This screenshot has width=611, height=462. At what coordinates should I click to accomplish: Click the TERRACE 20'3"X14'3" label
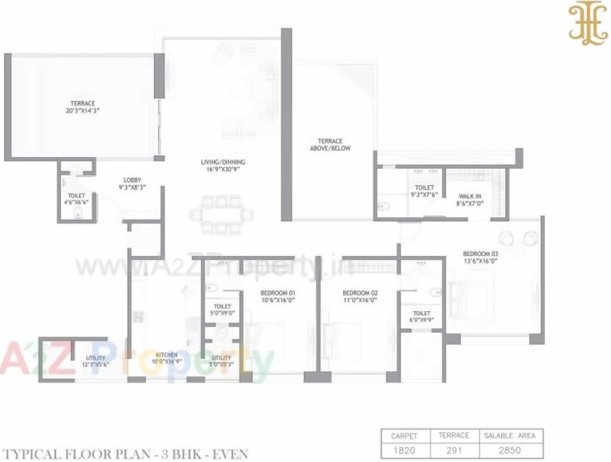[82, 107]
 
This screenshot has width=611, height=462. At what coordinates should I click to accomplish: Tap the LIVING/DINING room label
[223, 166]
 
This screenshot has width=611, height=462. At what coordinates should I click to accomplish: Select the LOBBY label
[132, 183]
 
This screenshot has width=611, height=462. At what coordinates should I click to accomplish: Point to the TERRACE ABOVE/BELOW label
[330, 145]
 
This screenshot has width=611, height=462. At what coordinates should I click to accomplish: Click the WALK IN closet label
[469, 200]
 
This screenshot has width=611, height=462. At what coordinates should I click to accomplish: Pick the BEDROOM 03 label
[480, 257]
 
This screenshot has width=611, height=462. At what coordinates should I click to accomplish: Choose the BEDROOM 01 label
[278, 296]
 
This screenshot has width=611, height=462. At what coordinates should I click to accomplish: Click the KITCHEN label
[167, 358]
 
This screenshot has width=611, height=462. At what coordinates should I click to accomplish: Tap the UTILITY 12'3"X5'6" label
[96, 361]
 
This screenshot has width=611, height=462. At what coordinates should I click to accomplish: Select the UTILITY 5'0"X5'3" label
[222, 361]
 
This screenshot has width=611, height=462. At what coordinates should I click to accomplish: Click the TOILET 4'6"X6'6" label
[76, 199]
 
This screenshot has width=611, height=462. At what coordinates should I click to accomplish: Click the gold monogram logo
[588, 23]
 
